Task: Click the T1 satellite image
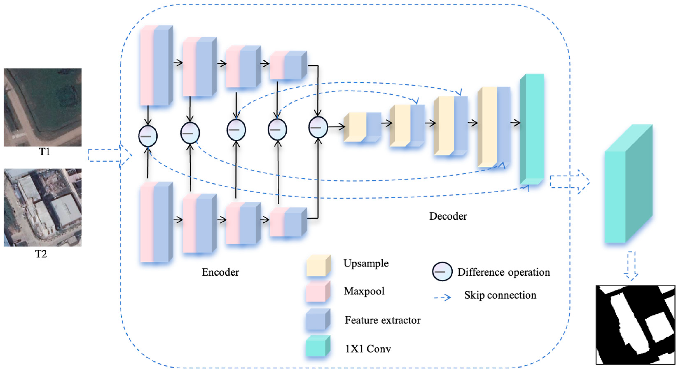pyautogui.click(x=42, y=107)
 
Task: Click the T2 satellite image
pyautogui.click(x=42, y=207)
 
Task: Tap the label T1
pyautogui.click(x=44, y=152)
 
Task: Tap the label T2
pyautogui.click(x=41, y=254)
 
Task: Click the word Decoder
pyautogui.click(x=448, y=216)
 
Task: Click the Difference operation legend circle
pyautogui.click(x=442, y=272)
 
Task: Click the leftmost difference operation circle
pyautogui.click(x=148, y=136)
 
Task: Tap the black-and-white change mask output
pyautogui.click(x=635, y=324)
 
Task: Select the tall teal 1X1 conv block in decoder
pyautogui.click(x=532, y=129)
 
